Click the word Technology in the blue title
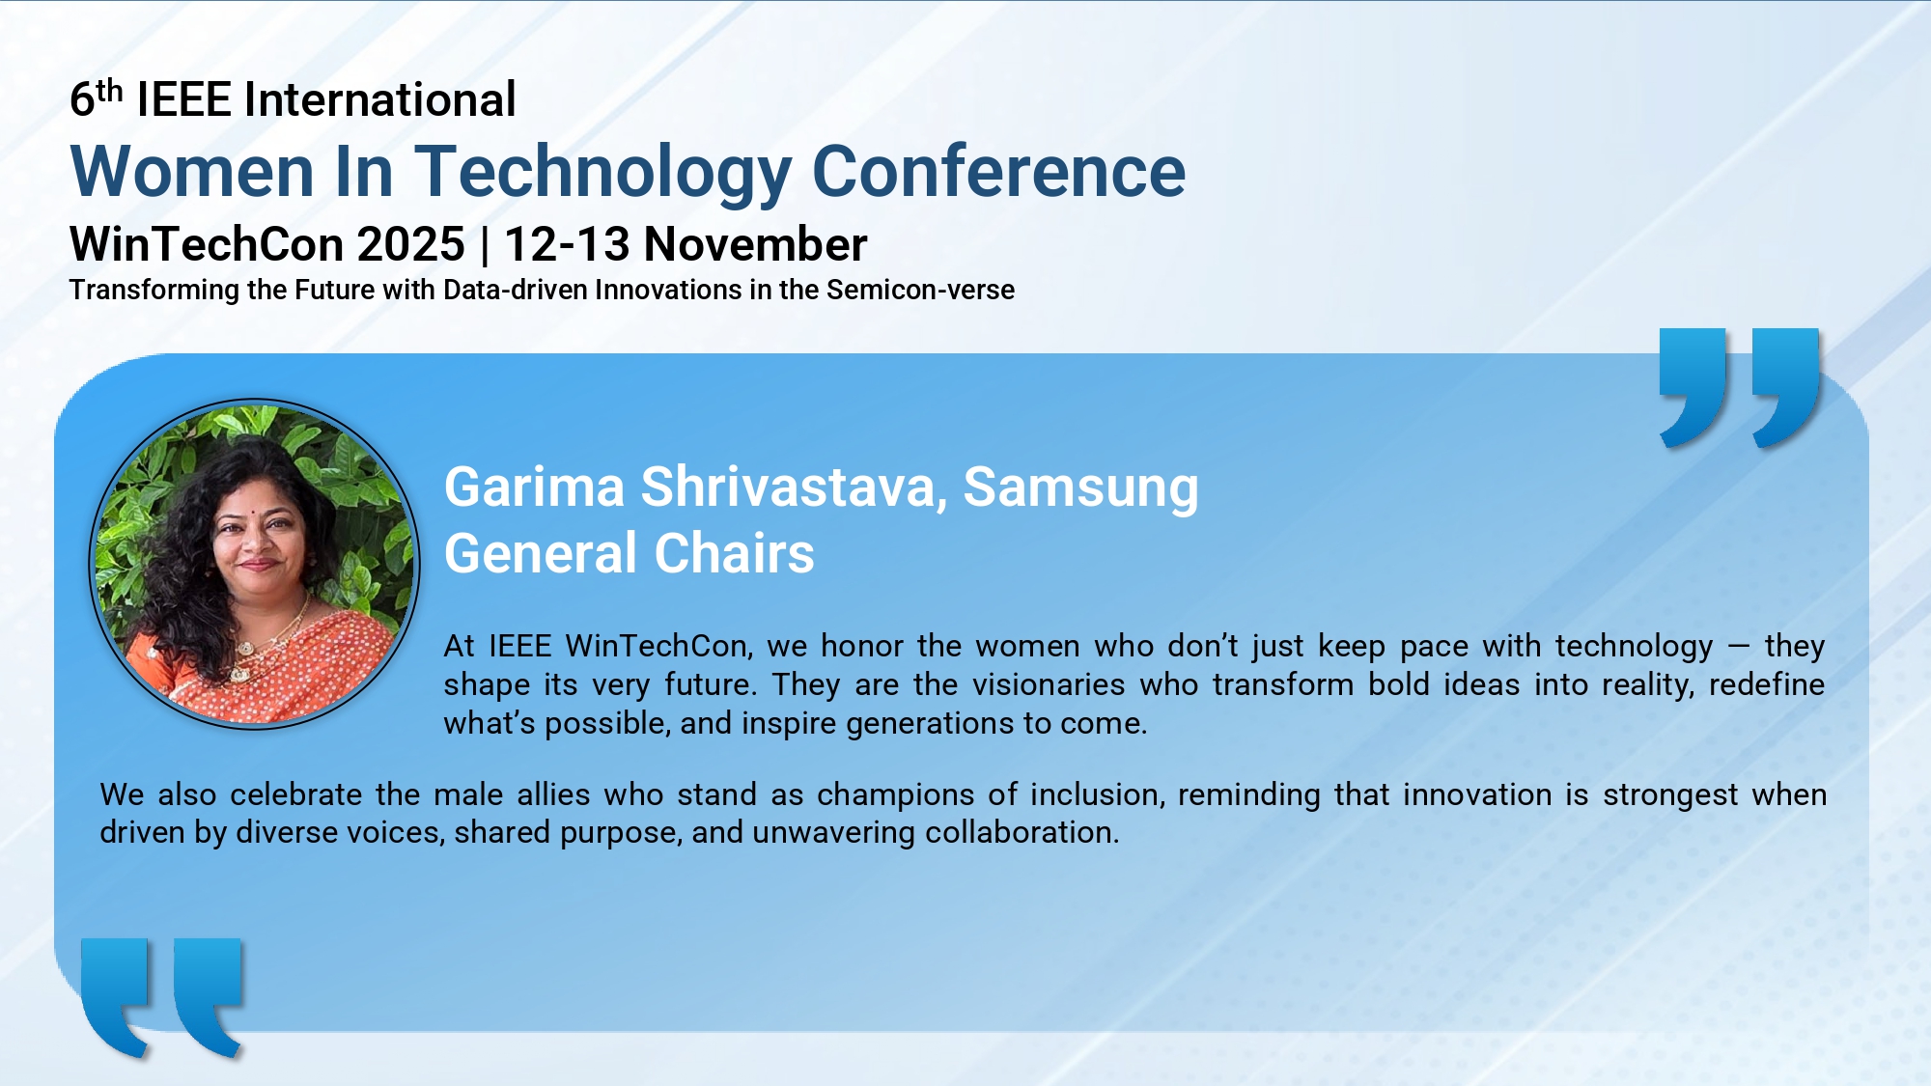click(604, 172)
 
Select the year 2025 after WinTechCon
click(411, 244)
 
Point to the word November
click(756, 244)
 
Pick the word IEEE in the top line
click(184, 99)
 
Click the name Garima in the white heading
click(534, 487)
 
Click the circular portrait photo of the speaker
click(254, 564)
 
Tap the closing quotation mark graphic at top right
click(1739, 388)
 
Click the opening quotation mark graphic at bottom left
click(161, 997)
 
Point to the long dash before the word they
click(1739, 647)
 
